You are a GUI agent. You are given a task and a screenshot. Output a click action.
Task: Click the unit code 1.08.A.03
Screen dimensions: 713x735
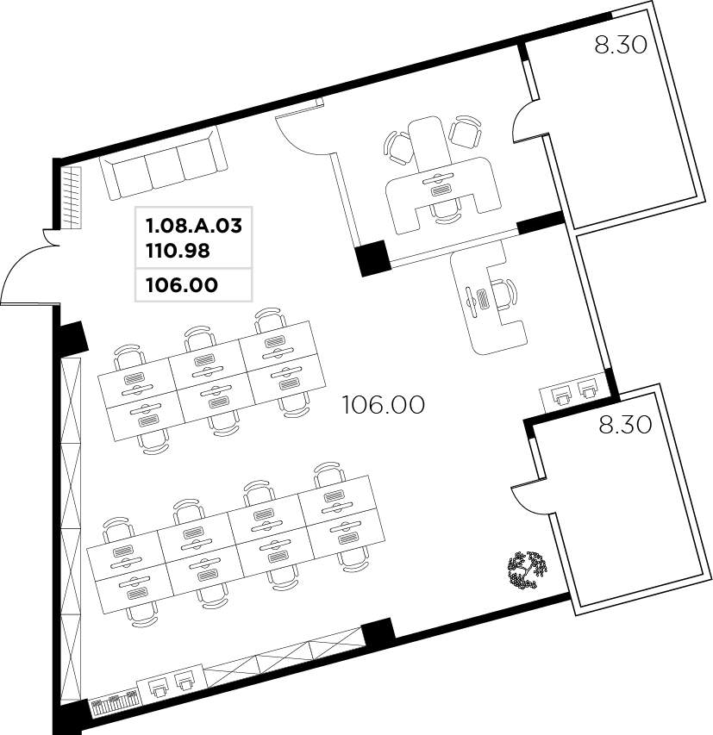(x=194, y=226)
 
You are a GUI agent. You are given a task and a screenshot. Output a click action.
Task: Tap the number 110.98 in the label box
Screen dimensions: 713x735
(x=178, y=251)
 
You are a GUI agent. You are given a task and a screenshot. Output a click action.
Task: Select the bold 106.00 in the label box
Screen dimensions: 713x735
(x=182, y=284)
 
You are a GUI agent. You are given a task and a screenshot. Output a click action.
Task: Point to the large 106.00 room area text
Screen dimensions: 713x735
(x=384, y=404)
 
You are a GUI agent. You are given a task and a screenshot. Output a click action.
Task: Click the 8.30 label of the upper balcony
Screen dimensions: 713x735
(x=621, y=45)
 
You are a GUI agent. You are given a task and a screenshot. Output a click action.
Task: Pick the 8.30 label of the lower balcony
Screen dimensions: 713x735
(x=625, y=425)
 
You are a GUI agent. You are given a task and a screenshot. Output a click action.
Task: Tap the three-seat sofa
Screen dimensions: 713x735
(x=163, y=163)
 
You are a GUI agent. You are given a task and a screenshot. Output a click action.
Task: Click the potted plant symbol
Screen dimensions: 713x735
(x=528, y=569)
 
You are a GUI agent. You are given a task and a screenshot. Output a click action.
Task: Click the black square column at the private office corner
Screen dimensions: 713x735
(x=373, y=258)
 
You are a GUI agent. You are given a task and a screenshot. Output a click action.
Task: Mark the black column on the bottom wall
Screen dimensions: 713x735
(x=378, y=632)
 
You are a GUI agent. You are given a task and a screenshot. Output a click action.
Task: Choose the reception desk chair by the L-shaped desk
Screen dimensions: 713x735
(x=504, y=295)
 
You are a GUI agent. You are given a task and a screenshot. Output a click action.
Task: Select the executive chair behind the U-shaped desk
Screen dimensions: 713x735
(x=444, y=209)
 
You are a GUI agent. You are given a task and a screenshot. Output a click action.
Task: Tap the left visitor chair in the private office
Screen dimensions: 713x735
(x=398, y=147)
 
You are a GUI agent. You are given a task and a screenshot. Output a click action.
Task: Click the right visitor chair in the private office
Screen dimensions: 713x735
(x=466, y=131)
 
